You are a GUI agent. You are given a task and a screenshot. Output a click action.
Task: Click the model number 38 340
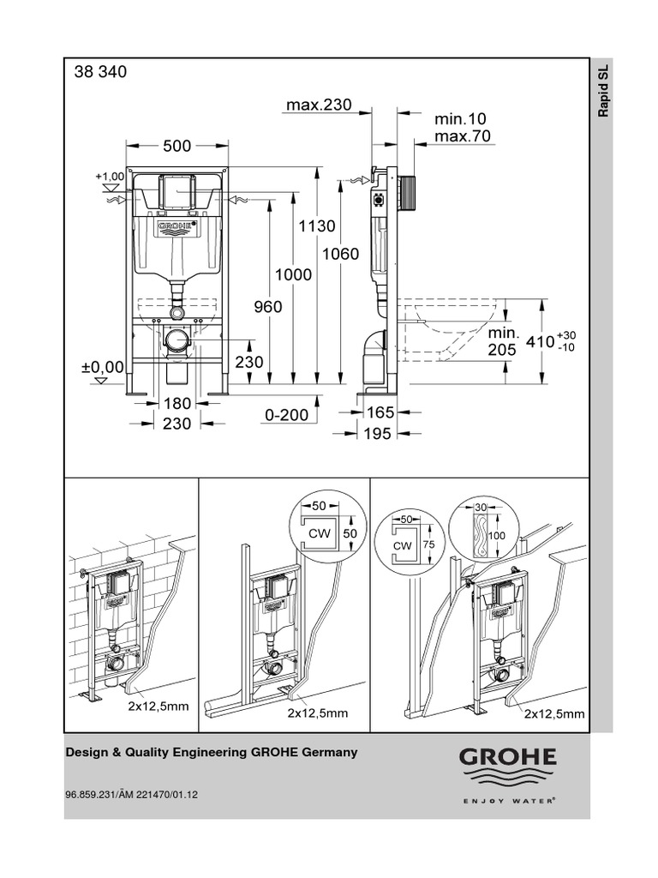pos(101,73)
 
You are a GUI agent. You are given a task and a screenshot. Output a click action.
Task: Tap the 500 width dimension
pos(176,146)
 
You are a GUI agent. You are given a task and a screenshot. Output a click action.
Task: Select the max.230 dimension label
pos(319,105)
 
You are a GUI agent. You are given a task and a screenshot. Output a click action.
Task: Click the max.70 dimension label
pos(463,136)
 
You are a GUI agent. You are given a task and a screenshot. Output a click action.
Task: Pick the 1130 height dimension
pos(316,226)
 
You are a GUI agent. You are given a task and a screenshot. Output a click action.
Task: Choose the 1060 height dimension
pos(340,254)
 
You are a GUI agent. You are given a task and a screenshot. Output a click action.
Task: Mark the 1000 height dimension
pos(293,274)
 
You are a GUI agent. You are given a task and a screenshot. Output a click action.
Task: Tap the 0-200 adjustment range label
pos(285,414)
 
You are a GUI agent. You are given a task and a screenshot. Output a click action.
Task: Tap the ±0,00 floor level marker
pos(103,366)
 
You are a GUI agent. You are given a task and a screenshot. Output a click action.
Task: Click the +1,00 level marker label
pos(111,176)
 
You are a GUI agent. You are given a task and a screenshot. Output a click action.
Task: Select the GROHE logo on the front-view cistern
pos(176,226)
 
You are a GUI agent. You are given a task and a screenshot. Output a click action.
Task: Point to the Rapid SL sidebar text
pos(602,93)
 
